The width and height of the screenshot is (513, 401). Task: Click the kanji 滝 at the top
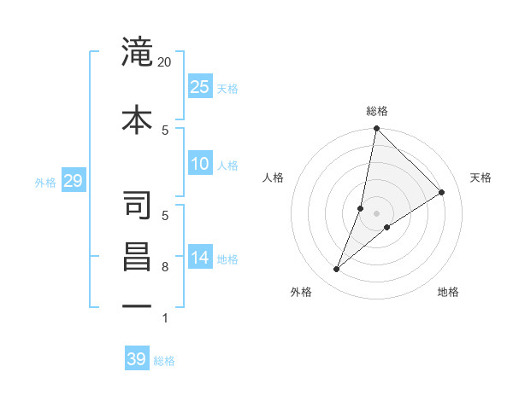138,52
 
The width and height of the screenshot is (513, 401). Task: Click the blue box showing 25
199,86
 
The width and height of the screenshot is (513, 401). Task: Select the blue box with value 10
199,164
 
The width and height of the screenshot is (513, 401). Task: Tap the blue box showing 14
199,258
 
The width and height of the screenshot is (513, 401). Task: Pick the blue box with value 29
73,180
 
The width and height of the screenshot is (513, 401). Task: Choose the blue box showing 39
137,359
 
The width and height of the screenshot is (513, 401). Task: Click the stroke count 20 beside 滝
165,62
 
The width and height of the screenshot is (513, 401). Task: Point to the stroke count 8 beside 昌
166,268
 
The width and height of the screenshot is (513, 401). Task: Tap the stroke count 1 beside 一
165,318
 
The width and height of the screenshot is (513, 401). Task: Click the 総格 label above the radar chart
377,111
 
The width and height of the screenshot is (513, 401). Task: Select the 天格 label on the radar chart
481,177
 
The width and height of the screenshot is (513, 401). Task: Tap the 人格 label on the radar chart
273,177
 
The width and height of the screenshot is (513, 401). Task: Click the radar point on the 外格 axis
337,270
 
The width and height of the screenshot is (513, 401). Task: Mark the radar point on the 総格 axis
376,129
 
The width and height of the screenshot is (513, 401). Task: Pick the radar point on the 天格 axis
442,193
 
